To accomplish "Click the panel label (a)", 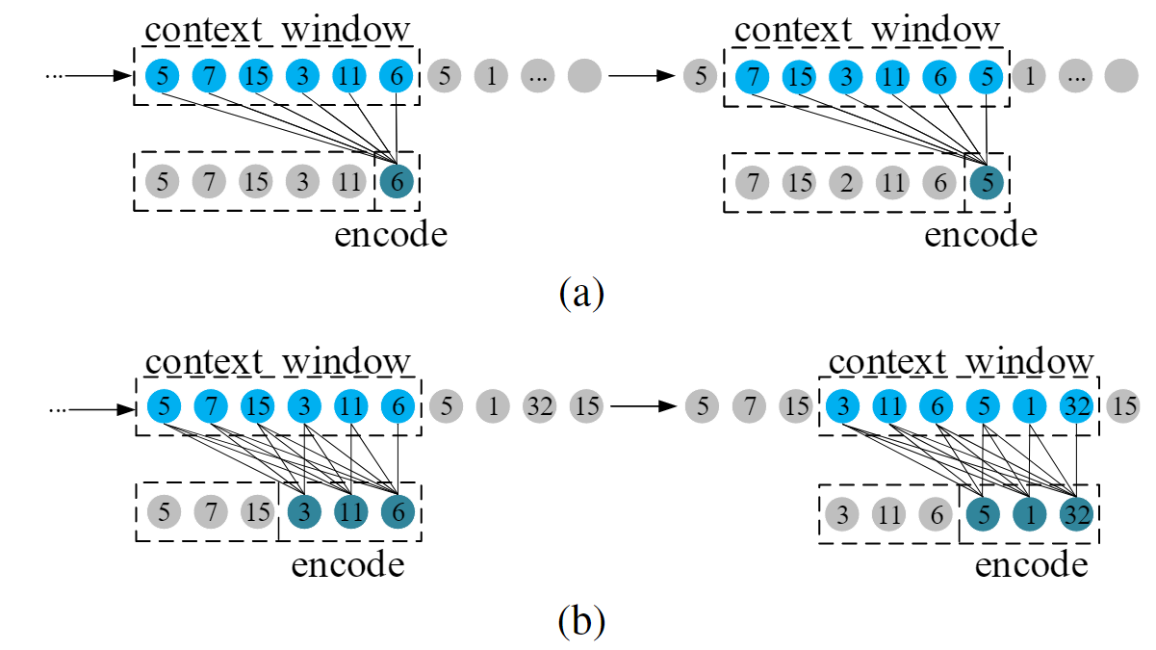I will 580,291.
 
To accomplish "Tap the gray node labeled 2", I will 846,181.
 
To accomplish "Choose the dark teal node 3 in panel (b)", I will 305,512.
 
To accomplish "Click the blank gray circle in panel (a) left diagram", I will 584,75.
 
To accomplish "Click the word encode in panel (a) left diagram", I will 391,234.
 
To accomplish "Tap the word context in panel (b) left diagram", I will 203,363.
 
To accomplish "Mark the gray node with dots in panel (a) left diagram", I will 538,75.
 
